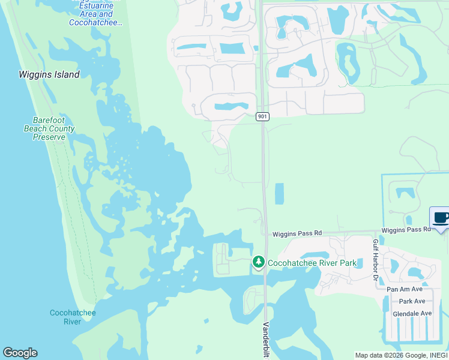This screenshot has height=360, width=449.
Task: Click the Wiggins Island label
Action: coord(49,75)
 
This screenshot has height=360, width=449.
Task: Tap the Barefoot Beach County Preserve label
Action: coord(49,128)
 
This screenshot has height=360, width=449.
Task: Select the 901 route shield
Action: coord(262,116)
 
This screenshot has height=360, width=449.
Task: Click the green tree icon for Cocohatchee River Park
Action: coord(259,262)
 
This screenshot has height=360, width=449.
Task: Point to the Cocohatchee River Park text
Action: coord(312,263)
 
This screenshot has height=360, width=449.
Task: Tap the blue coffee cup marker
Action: coord(440,218)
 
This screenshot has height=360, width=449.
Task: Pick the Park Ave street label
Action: coord(412,301)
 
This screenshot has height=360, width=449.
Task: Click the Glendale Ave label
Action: coord(412,313)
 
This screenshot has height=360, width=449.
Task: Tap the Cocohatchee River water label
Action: coord(73,317)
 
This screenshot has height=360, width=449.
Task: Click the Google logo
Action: coord(20,353)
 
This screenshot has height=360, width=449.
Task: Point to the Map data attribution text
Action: coord(401,355)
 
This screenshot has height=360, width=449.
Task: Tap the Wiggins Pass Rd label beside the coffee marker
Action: coord(406,230)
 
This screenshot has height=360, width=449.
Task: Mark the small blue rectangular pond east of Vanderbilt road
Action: coord(279,194)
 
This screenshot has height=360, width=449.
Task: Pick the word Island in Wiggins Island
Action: coord(65,75)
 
